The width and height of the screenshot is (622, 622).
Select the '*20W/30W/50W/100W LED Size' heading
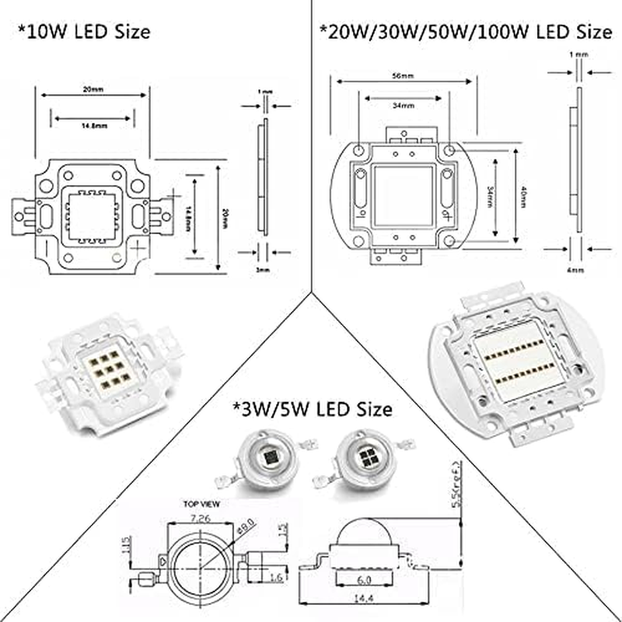click(x=466, y=33)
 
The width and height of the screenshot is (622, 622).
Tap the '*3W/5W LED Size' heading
click(x=311, y=407)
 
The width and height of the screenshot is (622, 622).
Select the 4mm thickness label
click(x=575, y=270)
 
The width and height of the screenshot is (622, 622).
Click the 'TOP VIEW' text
click(x=201, y=504)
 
